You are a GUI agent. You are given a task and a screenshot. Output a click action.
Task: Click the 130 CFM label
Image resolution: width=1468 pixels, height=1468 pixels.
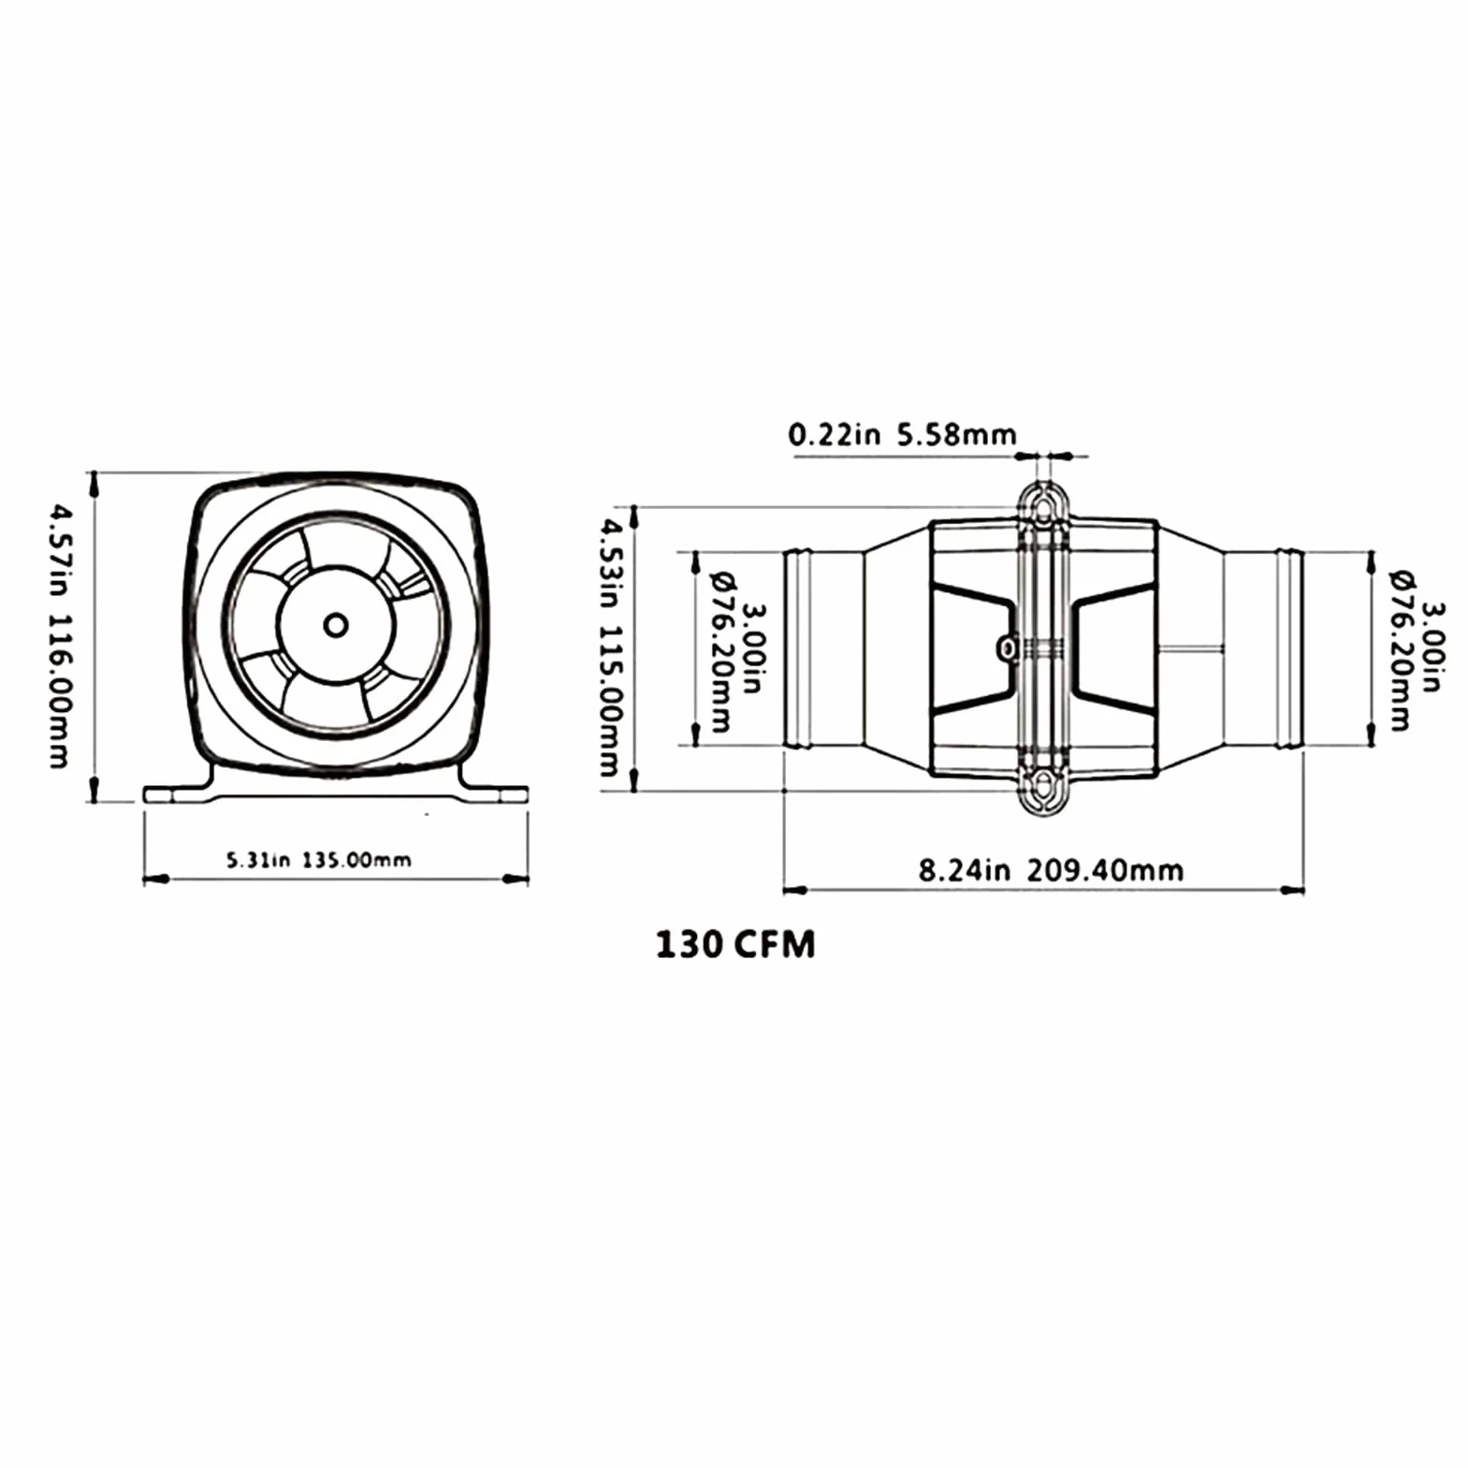(x=735, y=945)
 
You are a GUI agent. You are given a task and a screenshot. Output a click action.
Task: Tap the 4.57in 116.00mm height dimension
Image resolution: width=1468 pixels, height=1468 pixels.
(x=59, y=637)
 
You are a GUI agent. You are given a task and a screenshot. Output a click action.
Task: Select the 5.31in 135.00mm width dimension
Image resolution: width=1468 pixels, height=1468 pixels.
(x=318, y=860)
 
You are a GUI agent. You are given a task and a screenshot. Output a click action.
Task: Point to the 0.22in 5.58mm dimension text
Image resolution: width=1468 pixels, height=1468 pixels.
(x=902, y=434)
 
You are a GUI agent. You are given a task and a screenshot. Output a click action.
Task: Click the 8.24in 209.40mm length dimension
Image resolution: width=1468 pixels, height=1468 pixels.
(x=1051, y=871)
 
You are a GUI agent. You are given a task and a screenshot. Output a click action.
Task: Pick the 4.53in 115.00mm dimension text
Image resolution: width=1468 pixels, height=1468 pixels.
(x=609, y=648)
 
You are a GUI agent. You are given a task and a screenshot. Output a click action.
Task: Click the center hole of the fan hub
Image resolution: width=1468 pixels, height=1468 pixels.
(x=336, y=626)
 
